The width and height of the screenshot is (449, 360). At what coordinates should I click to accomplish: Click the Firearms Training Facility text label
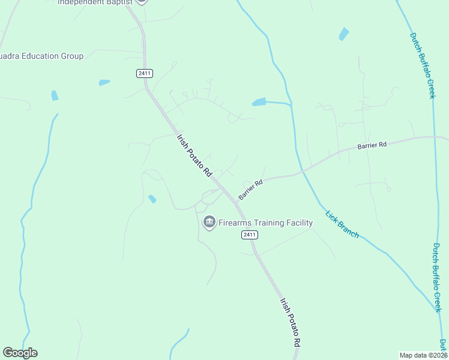click(x=265, y=223)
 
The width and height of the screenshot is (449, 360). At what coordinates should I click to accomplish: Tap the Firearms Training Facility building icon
click(x=209, y=223)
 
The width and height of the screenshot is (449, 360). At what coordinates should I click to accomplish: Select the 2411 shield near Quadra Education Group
click(x=144, y=73)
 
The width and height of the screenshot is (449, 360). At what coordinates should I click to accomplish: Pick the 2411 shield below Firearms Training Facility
click(x=250, y=235)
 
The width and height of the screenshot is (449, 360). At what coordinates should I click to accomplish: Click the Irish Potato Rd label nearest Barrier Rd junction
click(x=194, y=155)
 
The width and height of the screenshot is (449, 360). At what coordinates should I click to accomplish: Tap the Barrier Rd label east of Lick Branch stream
click(x=372, y=145)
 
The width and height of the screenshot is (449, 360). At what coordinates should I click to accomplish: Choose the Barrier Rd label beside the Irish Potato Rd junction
click(x=250, y=190)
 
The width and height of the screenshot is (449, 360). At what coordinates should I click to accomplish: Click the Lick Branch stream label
click(x=342, y=224)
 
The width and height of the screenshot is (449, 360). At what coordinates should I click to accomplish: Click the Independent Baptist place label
click(x=96, y=2)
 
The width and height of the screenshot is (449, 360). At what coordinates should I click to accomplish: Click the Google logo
click(x=20, y=353)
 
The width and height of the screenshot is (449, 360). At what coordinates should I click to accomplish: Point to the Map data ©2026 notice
click(x=423, y=355)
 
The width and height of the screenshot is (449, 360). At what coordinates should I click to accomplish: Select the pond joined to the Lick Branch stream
click(x=259, y=102)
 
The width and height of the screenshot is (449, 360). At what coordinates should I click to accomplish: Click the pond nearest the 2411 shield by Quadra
click(x=104, y=82)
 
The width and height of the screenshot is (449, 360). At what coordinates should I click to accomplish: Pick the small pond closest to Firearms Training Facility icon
click(x=152, y=199)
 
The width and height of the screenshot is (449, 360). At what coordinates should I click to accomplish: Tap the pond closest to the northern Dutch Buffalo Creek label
click(x=343, y=34)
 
